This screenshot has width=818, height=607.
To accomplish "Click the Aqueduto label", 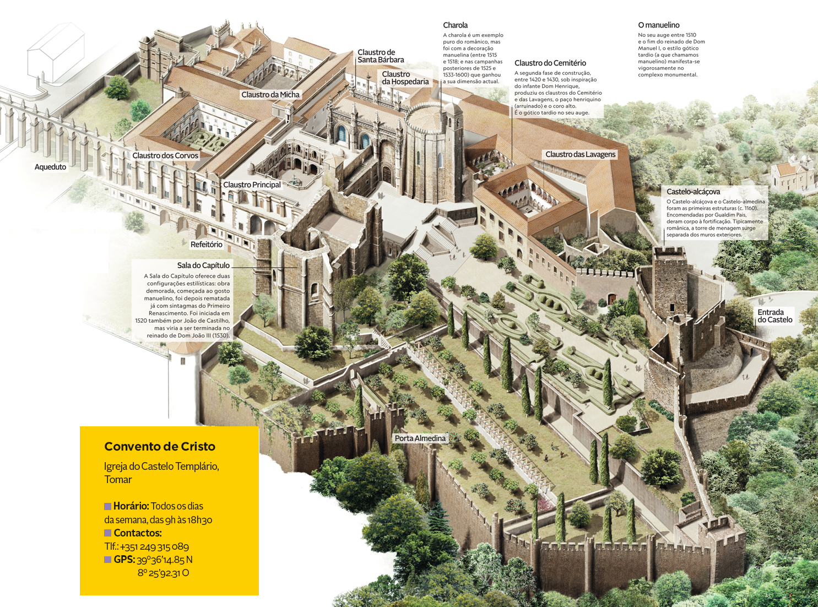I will [x=50, y=167].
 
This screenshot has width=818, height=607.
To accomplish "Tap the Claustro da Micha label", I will [x=270, y=95].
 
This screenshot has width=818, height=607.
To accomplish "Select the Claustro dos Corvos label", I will [x=165, y=156].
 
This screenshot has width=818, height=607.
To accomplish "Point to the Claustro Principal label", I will [x=252, y=185].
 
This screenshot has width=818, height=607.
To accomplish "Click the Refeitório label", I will [x=206, y=245].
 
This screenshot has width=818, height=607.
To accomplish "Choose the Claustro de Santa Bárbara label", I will [x=381, y=56].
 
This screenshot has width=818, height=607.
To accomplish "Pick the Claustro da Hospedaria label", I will [x=405, y=78].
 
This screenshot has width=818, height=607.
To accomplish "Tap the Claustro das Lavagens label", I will [x=580, y=154].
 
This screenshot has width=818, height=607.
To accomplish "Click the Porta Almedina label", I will [x=420, y=438].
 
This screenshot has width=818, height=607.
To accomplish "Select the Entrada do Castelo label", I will [x=774, y=316].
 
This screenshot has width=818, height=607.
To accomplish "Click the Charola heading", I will [x=455, y=25].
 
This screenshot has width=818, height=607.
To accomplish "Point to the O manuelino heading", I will [x=658, y=25].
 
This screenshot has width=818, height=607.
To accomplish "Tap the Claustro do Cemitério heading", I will [x=550, y=63].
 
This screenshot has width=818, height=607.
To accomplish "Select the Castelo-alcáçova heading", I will [x=693, y=192].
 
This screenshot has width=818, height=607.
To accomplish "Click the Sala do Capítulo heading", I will [x=203, y=265].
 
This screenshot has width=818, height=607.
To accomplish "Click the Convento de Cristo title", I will [x=160, y=447].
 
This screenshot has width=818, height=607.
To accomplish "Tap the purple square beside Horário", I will [x=108, y=506].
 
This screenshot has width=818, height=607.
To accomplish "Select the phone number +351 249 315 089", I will [x=154, y=547].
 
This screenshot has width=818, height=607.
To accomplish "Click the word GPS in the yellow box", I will [x=124, y=560].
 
